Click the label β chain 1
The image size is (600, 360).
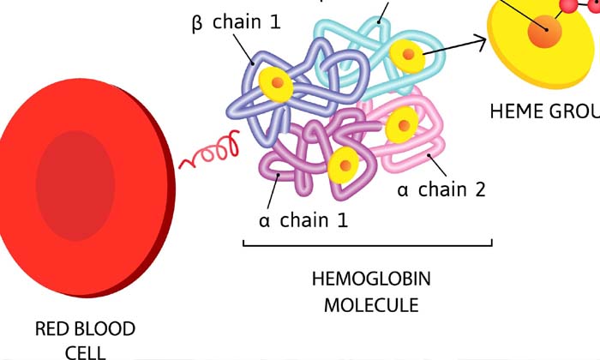(235, 22)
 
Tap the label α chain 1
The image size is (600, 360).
(303, 220)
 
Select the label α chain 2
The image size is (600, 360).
(441, 189)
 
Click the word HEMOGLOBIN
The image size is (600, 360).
(371, 279)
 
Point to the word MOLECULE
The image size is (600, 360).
(371, 304)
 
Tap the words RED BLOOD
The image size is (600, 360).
(85, 328)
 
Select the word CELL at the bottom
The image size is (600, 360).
(85, 351)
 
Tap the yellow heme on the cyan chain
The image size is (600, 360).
(407, 55)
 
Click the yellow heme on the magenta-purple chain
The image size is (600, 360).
(343, 164)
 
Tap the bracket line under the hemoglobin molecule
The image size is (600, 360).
(368, 245)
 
